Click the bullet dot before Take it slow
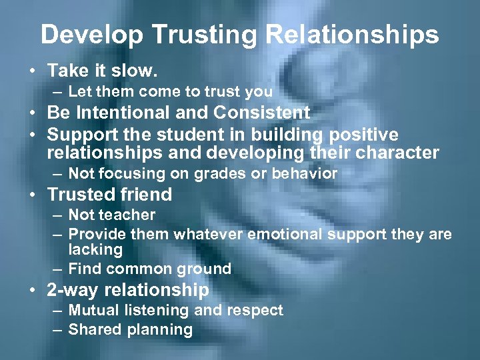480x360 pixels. click(32, 70)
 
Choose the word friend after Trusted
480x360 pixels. click(142, 195)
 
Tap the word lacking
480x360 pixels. click(95, 250)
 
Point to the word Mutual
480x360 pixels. click(91, 310)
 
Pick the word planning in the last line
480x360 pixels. click(159, 329)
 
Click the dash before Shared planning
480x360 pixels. click(58, 329)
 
